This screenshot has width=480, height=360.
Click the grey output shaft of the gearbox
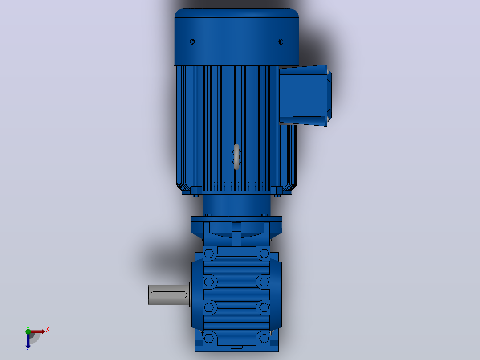pyautogui.click(x=169, y=295)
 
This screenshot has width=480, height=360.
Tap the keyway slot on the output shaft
pyautogui.click(x=169, y=295)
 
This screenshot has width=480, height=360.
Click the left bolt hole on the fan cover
pyautogui.click(x=192, y=42)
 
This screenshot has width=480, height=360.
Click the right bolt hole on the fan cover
pyautogui.click(x=281, y=42)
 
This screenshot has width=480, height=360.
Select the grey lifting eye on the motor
pyautogui.click(x=236, y=157)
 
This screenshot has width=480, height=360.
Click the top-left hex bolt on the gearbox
pyautogui.click(x=209, y=254)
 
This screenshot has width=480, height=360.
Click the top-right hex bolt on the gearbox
pyautogui.click(x=264, y=254)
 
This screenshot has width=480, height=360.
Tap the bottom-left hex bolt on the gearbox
pyautogui.click(x=209, y=339)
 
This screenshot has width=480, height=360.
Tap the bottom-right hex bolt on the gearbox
pyautogui.click(x=264, y=339)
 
